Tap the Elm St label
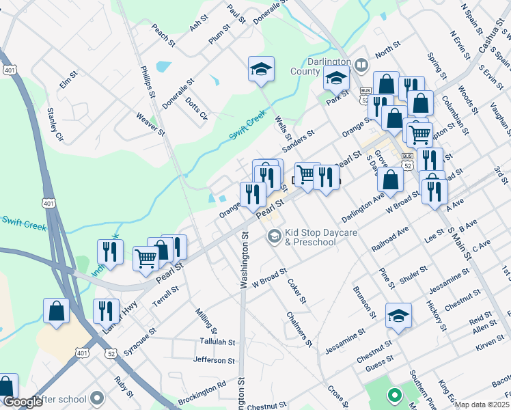click(x=66, y=83)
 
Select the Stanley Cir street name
click(x=54, y=124)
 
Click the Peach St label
click(x=164, y=36)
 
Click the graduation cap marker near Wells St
click(x=261, y=69)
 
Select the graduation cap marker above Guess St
click(x=398, y=316)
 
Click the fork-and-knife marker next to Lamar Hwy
click(x=106, y=312)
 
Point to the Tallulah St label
click(x=217, y=342)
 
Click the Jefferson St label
click(x=214, y=359)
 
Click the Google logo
click(x=23, y=402)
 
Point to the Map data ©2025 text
click(x=482, y=405)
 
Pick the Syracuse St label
click(x=134, y=340)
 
